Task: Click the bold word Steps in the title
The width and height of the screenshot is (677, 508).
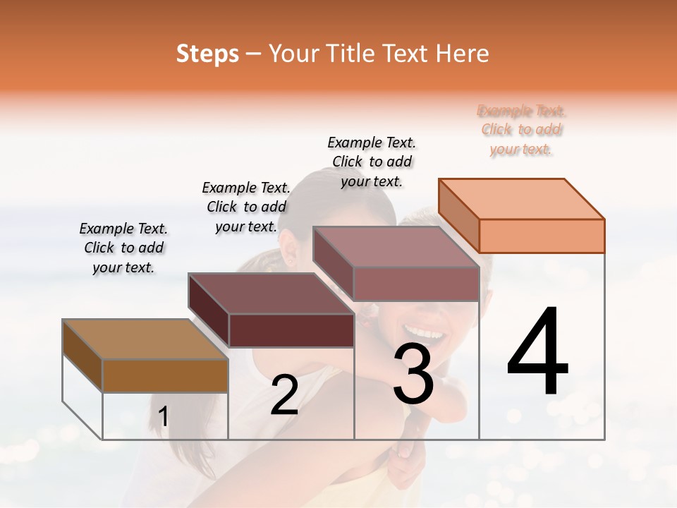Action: [x=207, y=54]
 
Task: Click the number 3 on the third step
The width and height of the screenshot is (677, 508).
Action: [x=413, y=374]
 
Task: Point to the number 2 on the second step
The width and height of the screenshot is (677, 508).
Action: [x=284, y=396]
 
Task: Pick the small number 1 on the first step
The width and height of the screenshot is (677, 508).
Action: [x=163, y=417]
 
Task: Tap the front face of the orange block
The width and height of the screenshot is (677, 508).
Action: [x=542, y=236]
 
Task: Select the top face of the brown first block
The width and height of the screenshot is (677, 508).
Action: [x=145, y=339]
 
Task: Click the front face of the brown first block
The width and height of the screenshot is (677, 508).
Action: [x=165, y=375]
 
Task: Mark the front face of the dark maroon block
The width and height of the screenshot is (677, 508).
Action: [x=291, y=330]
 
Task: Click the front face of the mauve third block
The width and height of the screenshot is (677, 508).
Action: [x=416, y=284]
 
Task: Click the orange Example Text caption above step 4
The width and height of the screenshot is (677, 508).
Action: [x=521, y=130]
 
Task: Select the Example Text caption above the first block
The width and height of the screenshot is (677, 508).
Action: [x=123, y=248]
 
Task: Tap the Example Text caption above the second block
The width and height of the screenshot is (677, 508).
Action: [x=246, y=207]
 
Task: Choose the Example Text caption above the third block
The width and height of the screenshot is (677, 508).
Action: [x=372, y=162]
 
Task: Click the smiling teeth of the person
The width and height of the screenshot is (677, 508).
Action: [x=422, y=329]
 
